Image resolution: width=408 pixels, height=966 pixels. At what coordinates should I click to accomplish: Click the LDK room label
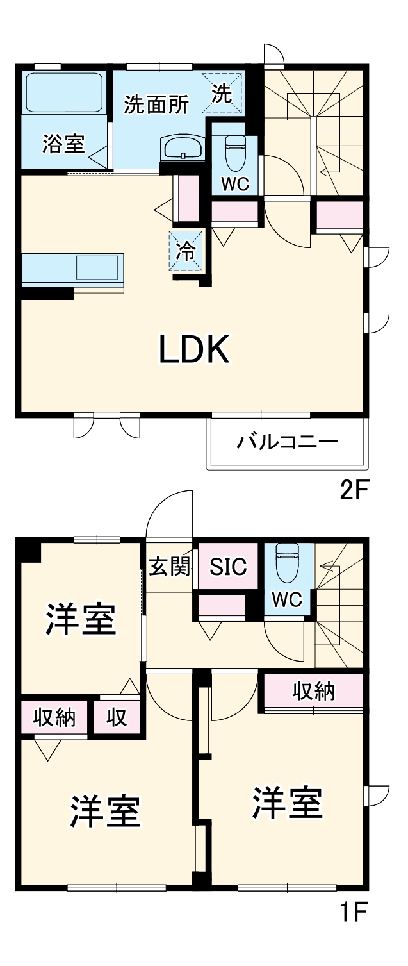click(194, 350)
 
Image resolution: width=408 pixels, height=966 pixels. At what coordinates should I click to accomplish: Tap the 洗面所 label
click(156, 104)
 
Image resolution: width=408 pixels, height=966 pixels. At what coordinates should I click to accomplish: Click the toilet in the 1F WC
click(286, 562)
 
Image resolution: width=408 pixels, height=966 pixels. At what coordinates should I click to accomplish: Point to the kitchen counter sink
click(98, 267)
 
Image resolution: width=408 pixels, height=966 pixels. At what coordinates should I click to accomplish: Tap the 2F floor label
click(354, 492)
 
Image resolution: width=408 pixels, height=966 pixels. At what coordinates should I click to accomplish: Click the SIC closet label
click(229, 567)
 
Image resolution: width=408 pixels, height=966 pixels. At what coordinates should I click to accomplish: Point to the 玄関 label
click(169, 567)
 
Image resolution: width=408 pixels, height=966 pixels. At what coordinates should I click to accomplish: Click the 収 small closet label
click(117, 718)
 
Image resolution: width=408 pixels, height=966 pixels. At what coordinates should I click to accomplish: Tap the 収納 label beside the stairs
click(314, 690)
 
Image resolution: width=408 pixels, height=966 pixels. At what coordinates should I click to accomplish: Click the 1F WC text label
click(286, 601)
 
